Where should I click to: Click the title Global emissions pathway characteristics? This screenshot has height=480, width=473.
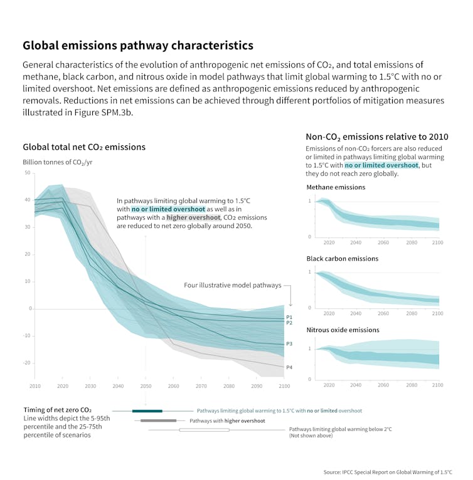coord(138,46)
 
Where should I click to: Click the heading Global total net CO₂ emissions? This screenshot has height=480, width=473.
coord(84,147)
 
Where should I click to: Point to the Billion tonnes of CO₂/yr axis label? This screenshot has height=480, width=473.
coord(58,162)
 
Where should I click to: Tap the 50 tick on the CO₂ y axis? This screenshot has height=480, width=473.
coord(28,172)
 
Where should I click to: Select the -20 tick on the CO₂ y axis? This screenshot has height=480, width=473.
coord(27,363)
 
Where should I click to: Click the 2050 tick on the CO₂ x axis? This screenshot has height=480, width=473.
coord(146,386)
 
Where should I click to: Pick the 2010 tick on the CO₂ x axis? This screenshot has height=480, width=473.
coord(35,386)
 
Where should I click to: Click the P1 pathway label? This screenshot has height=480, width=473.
coord(289,317)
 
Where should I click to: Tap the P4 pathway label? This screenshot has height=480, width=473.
coord(289,367)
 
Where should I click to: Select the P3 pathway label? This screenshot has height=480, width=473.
coord(289,344)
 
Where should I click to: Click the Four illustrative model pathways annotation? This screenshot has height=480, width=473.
coord(233,285)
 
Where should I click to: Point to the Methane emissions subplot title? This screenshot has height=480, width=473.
coord(336,187)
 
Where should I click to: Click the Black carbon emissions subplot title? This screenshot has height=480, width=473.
coord(343,258)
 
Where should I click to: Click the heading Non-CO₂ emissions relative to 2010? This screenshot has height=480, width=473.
coord(376,137)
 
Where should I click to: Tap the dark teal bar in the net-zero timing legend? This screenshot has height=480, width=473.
coord(147,410)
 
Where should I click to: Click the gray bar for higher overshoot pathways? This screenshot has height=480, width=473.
coord(158,420)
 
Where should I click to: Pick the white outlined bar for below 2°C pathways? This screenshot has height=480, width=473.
coord(204,430)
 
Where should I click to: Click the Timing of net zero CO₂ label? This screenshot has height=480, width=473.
coord(58,410)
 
